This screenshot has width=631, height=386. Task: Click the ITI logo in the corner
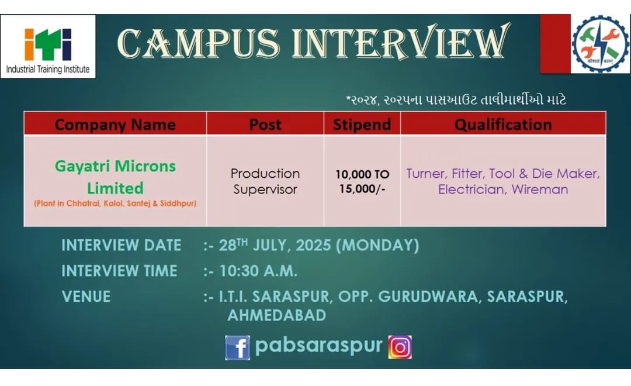click(48, 47)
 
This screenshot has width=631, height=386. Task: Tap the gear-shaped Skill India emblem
click(600, 44)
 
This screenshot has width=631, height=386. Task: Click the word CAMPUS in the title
click(199, 43)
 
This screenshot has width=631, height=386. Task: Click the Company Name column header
click(115, 125)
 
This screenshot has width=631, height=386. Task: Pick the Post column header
click(265, 125)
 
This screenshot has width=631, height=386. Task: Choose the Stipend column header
click(362, 125)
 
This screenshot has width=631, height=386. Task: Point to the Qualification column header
click(503, 125)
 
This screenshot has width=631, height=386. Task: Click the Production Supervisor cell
click(265, 181)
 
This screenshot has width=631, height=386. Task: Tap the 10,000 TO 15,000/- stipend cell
click(362, 181)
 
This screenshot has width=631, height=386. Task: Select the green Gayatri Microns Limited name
click(115, 177)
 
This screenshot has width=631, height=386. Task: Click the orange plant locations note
click(115, 203)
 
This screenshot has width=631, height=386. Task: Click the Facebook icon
click(237, 347)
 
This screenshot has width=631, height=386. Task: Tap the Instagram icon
click(400, 347)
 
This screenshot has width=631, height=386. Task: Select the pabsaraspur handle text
click(319, 346)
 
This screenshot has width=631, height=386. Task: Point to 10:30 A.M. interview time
click(258, 271)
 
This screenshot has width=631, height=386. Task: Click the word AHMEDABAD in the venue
click(277, 315)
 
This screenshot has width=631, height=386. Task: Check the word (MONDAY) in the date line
click(377, 246)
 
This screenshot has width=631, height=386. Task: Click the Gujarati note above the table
click(456, 99)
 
